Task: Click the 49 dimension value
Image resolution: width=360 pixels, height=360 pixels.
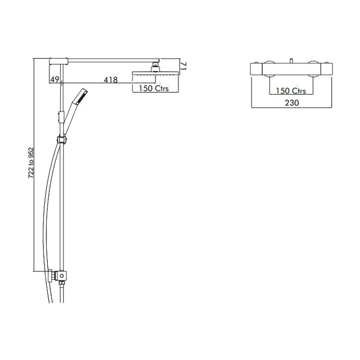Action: pos(54,79)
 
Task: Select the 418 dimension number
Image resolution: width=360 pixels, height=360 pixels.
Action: pos(111,80)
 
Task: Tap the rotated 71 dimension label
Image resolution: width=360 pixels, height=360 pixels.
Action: pos(184,66)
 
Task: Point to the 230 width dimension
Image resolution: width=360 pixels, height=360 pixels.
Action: pos(292,103)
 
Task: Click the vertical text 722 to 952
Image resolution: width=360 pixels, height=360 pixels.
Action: pos(31,162)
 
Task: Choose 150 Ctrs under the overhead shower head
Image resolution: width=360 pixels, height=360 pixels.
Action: pos(153,88)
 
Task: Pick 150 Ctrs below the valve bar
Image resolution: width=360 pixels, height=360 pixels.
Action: pos(291,91)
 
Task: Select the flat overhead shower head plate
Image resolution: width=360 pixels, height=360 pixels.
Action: pos(155,73)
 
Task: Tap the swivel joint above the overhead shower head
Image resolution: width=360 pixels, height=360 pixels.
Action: pos(155,68)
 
